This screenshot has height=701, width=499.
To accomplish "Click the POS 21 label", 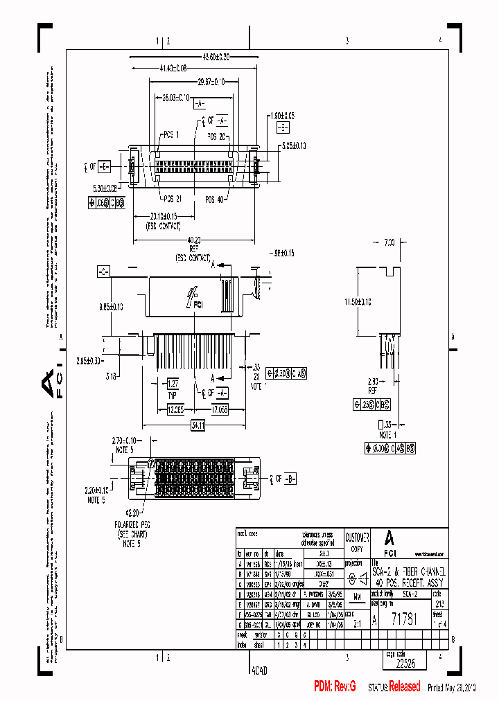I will (x=169, y=198).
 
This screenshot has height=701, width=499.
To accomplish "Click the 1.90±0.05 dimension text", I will (x=282, y=115).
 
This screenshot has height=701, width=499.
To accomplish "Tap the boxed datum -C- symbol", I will (x=103, y=270).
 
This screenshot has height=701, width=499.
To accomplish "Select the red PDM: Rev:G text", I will (x=335, y=686).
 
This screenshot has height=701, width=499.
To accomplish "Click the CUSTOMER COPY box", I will (x=358, y=542).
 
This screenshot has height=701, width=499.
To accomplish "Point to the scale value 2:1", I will (x=357, y=623).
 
